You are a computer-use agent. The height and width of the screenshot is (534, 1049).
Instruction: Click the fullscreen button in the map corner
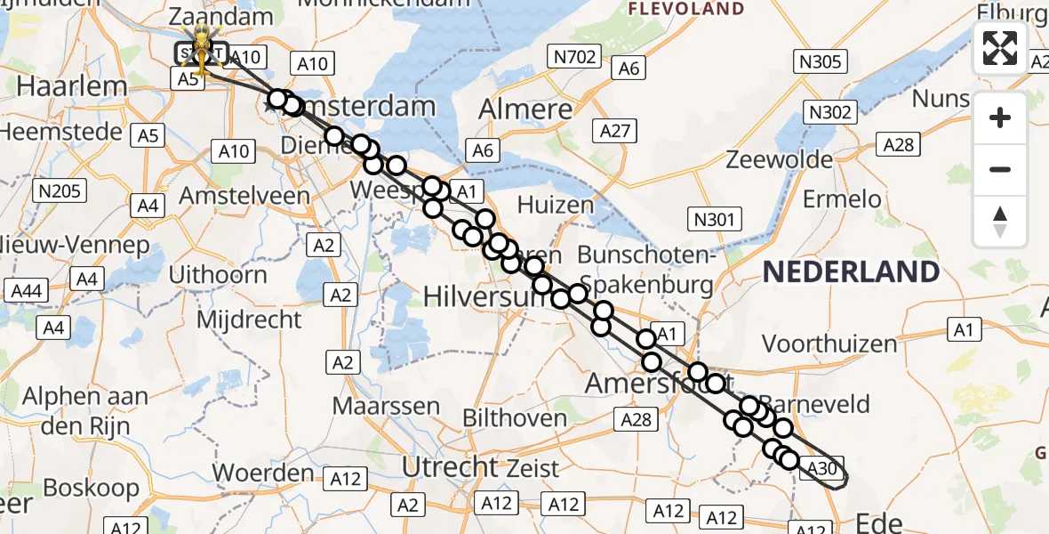[x=1000, y=48]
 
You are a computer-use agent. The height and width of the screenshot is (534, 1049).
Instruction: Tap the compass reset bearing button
[x=1000, y=222]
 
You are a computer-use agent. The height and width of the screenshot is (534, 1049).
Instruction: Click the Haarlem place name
[x=60, y=86]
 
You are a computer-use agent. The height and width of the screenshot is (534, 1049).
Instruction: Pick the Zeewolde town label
[x=779, y=159]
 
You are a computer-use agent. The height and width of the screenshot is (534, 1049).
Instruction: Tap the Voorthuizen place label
[x=829, y=343]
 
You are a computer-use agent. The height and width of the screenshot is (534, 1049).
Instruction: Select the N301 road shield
[x=715, y=218]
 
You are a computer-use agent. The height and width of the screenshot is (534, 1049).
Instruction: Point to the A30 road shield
[x=822, y=468]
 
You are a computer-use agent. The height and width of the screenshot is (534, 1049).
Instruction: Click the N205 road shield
[x=58, y=190]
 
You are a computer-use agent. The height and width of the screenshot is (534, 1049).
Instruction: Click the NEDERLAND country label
[x=851, y=272]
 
